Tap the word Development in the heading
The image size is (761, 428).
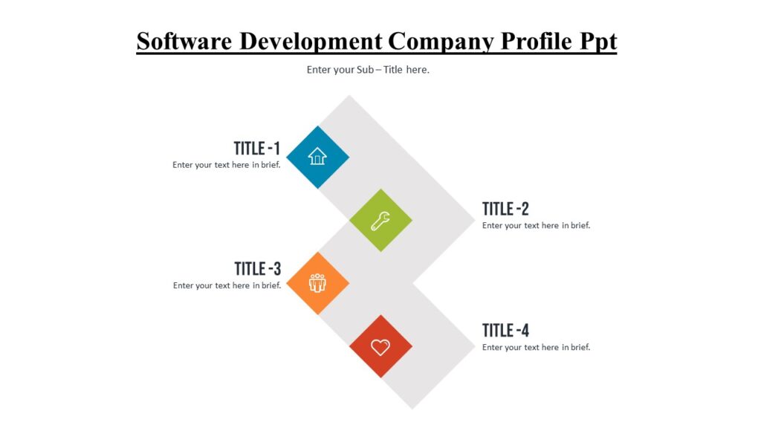pyautogui.click(x=310, y=41)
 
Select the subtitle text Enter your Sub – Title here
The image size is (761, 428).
pyautogui.click(x=369, y=70)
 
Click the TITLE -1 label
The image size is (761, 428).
pyautogui.click(x=257, y=149)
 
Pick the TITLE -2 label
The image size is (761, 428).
pyautogui.click(x=505, y=209)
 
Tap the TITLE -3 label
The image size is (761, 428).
pyautogui.click(x=257, y=269)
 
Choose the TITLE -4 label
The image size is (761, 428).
pyautogui.click(x=505, y=331)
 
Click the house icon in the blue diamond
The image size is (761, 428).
pyautogui.click(x=317, y=156)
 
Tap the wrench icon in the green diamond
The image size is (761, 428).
pyautogui.click(x=380, y=220)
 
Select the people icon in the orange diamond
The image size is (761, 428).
pyautogui.click(x=317, y=282)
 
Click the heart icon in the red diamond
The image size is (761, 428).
pyautogui.click(x=380, y=346)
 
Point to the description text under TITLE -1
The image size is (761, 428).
pyautogui.click(x=227, y=165)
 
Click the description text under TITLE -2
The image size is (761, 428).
pyautogui.click(x=536, y=225)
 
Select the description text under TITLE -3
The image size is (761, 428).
pyautogui.click(x=227, y=285)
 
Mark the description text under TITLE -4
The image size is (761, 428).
pyautogui.click(x=536, y=347)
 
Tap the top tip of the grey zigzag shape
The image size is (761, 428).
pyautogui.click(x=349, y=97)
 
